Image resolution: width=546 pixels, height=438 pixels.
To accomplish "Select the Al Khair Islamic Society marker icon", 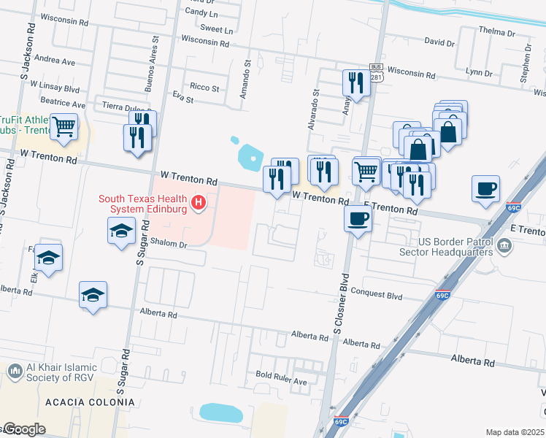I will [x=15, y=372].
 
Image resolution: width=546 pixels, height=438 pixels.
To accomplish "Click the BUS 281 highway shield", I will [x=377, y=72].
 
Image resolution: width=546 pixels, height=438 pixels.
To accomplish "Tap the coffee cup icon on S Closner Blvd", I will [x=358, y=218].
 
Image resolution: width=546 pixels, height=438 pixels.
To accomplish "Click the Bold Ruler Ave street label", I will [x=281, y=383].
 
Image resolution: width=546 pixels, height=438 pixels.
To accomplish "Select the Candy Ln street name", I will [x=201, y=13].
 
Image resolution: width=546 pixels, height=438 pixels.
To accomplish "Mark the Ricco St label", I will [x=204, y=88].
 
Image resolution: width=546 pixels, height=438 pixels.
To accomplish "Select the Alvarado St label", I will [x=315, y=109].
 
